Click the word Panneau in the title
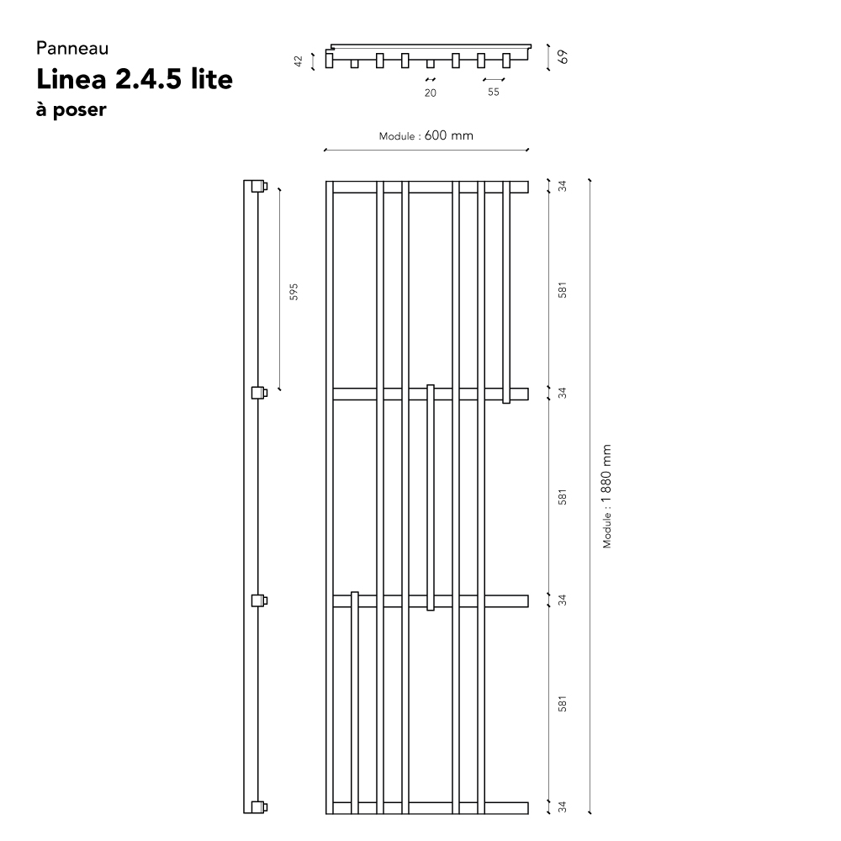72,48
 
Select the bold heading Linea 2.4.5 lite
134,79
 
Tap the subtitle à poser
71,109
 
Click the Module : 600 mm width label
426,135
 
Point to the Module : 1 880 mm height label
606,496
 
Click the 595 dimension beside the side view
294,291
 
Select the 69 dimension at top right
562,57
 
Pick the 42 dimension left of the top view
299,61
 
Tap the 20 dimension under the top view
430,93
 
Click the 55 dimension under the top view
494,92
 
